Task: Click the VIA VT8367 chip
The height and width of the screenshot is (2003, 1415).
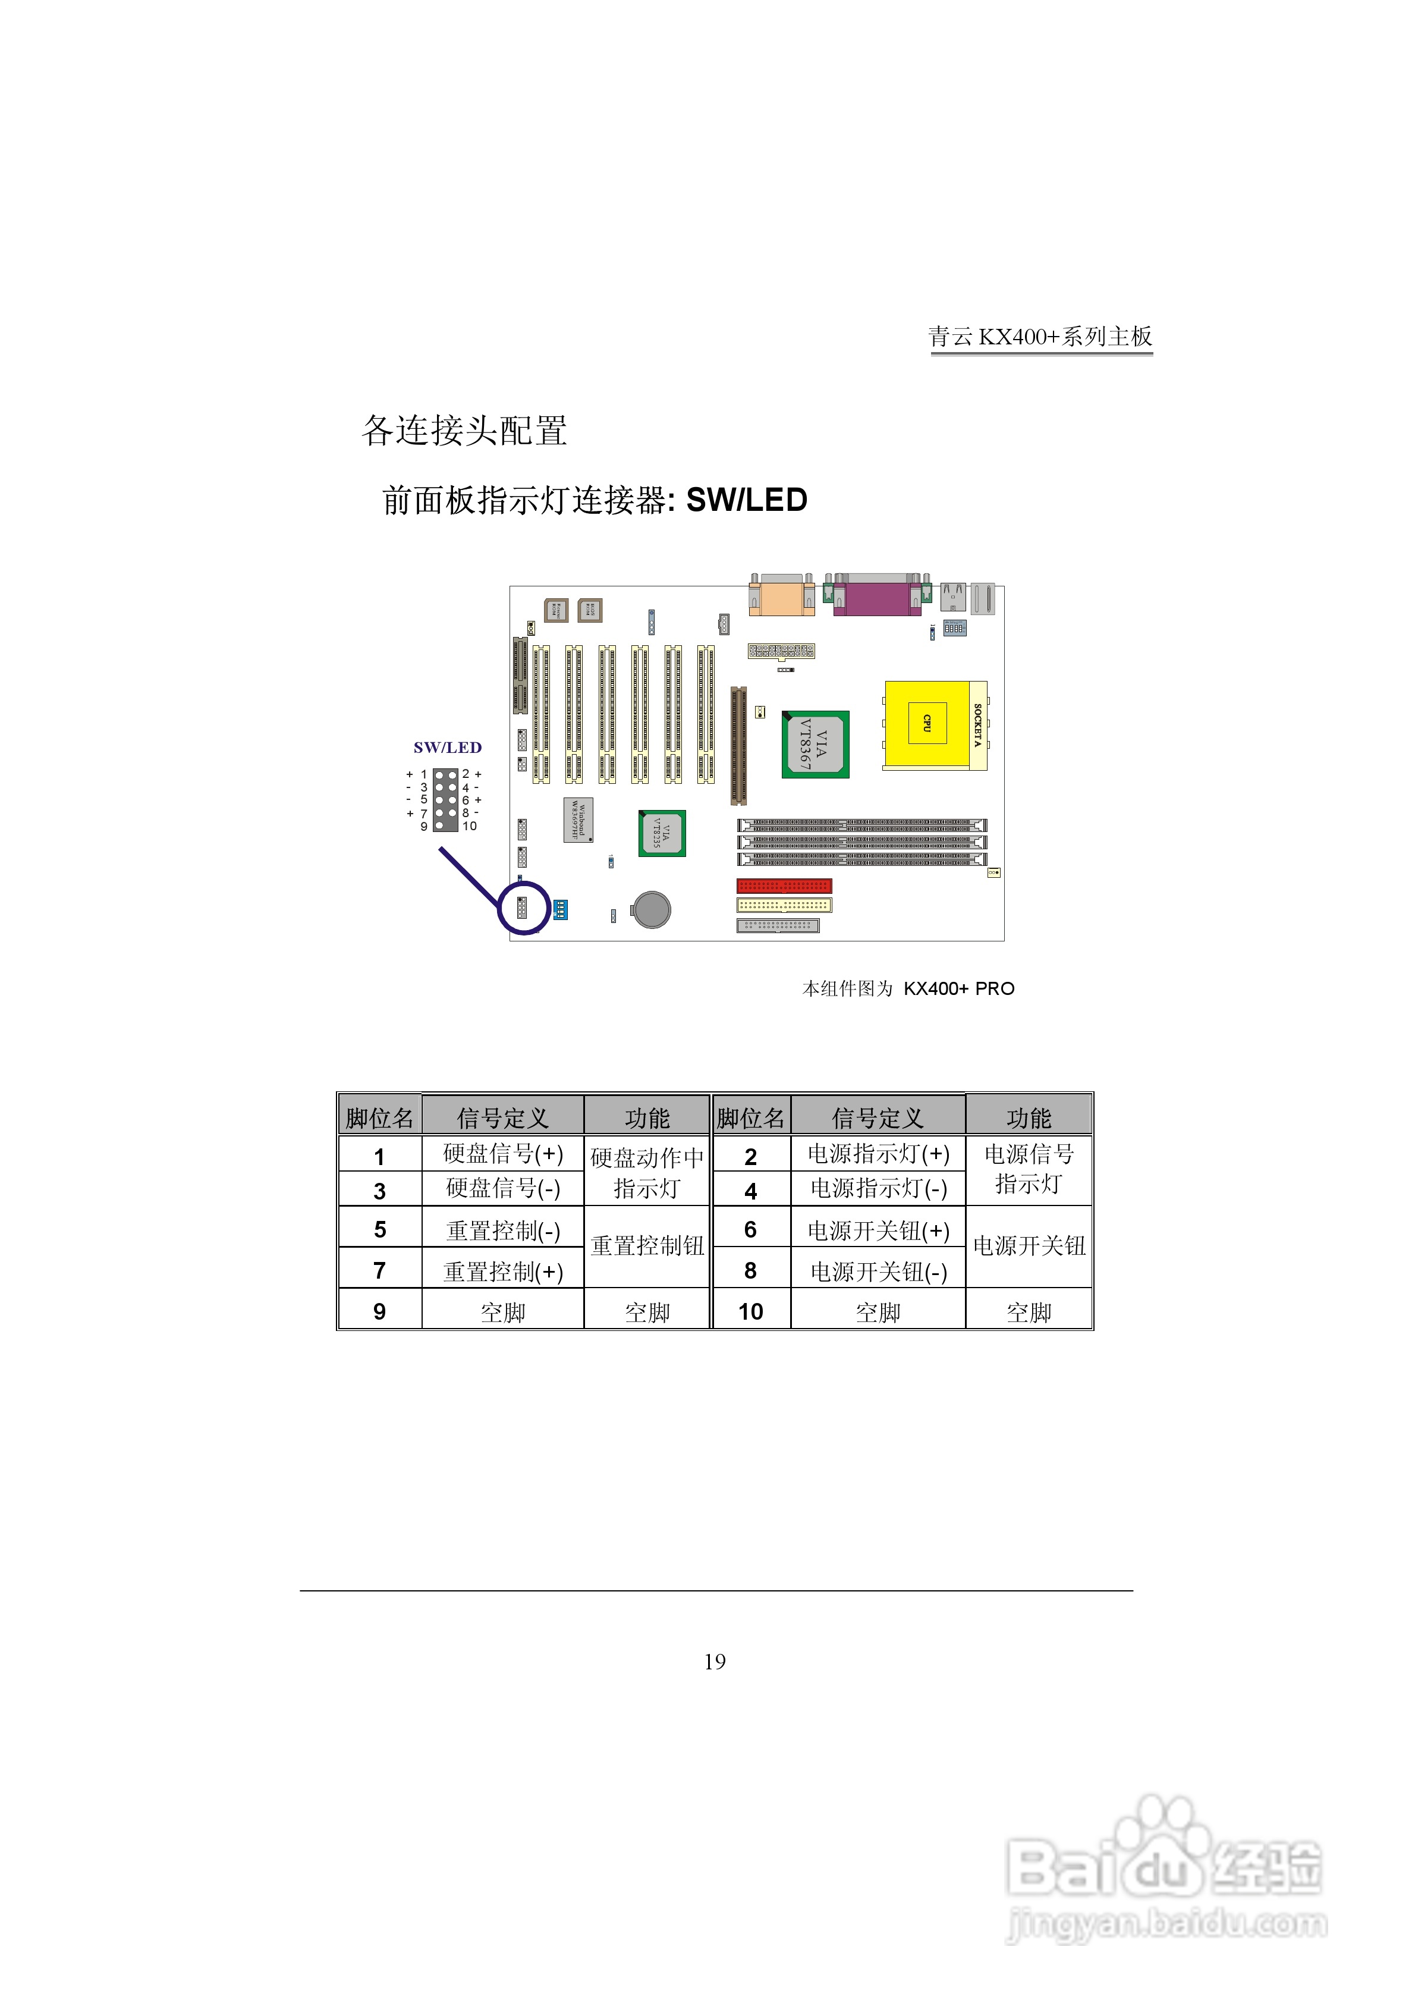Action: tap(815, 744)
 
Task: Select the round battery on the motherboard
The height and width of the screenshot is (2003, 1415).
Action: tap(651, 910)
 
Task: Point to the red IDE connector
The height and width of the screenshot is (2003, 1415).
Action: tap(784, 886)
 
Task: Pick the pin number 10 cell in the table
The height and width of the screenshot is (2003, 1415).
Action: tap(750, 1311)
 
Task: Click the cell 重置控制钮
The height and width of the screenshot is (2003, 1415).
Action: tap(646, 1246)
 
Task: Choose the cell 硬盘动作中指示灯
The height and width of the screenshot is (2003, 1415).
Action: tap(646, 1172)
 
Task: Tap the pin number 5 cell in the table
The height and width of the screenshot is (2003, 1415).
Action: tap(379, 1229)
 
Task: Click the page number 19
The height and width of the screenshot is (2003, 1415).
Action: tap(715, 1661)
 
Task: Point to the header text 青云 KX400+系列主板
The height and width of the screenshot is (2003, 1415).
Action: tap(1040, 337)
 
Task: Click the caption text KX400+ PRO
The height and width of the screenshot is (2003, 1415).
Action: tap(959, 988)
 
